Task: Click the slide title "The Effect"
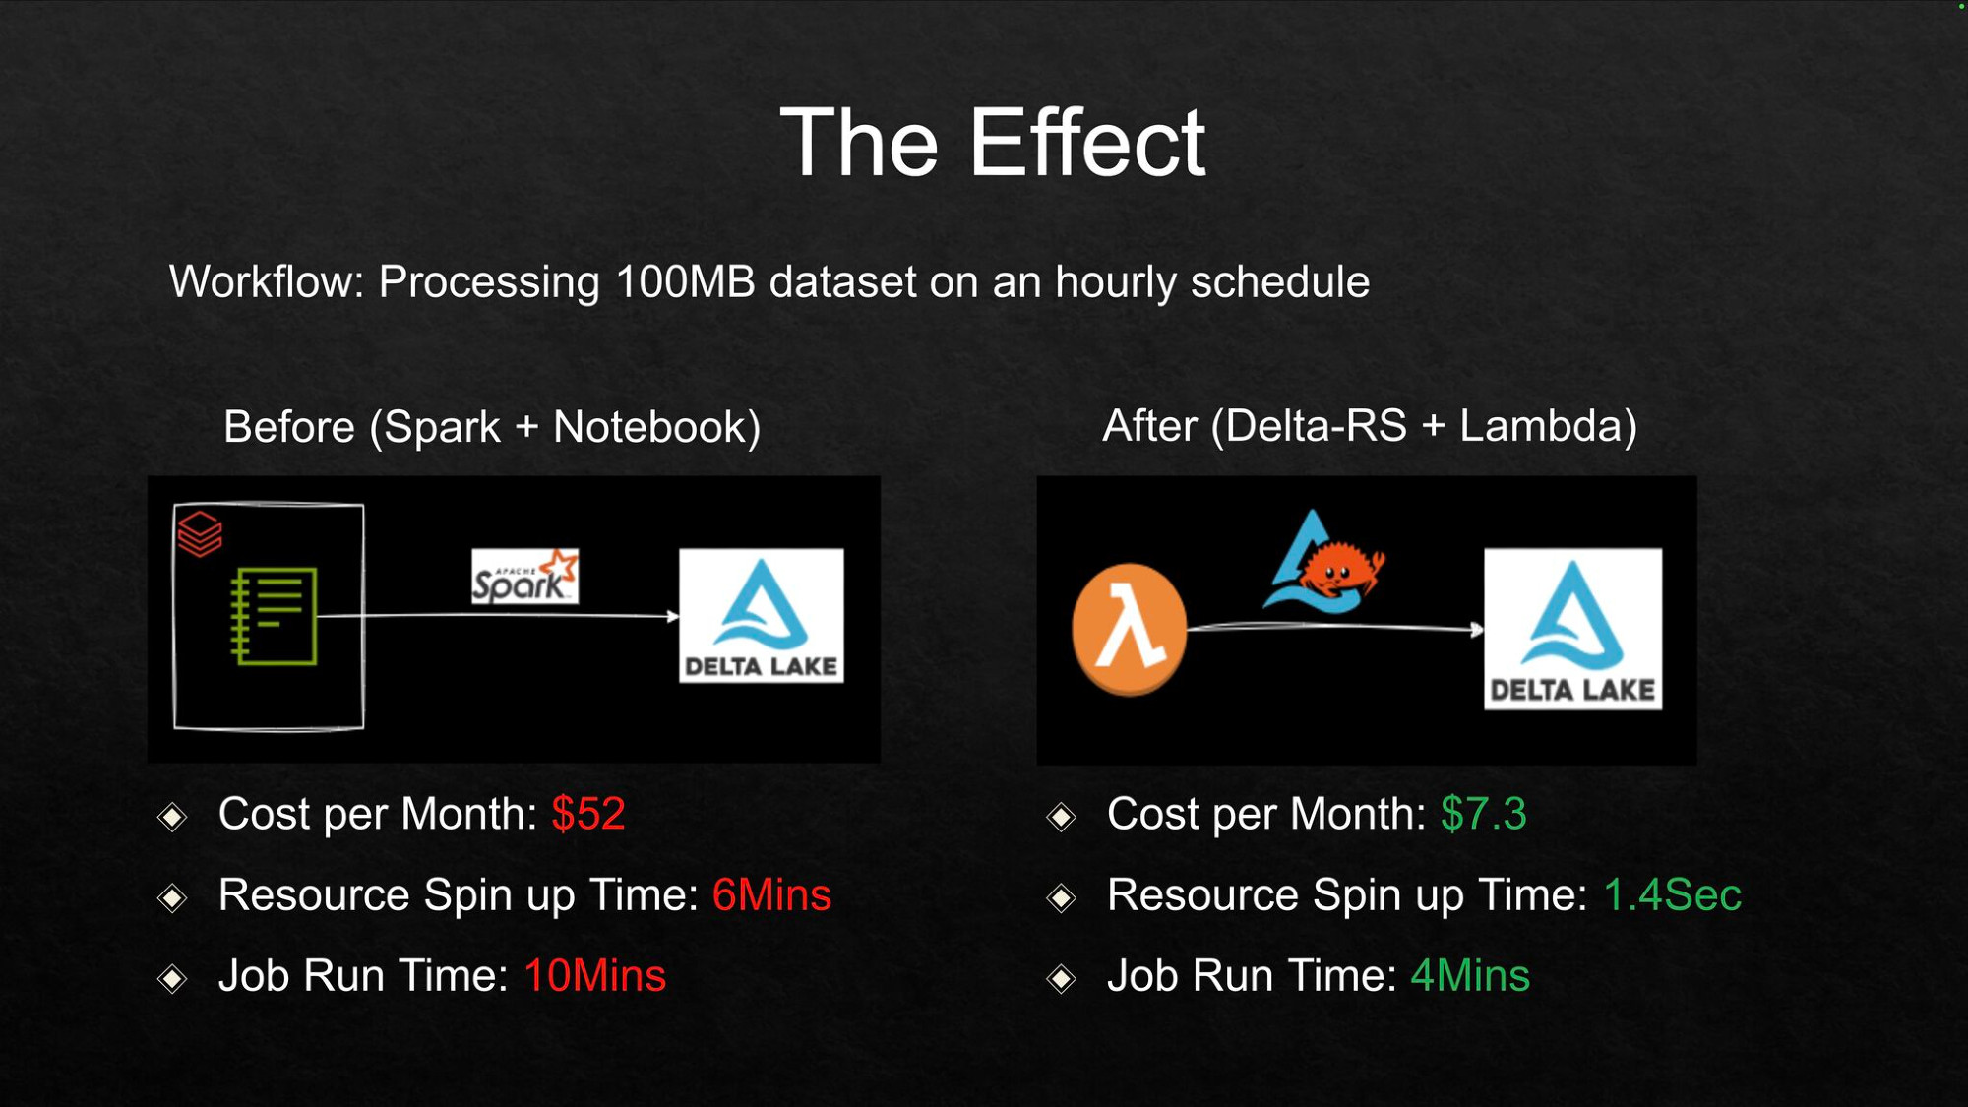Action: coord(992,144)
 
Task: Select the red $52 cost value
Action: coord(588,814)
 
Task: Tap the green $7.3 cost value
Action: coord(1483,814)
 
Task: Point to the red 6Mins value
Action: coord(771,894)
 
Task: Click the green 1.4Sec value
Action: coord(1672,894)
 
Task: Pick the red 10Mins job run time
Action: coord(594,975)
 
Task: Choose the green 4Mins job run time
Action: coord(1470,975)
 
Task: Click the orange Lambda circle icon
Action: coord(1129,629)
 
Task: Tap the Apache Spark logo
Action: coord(524,577)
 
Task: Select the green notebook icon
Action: coord(274,616)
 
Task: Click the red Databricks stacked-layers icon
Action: coord(200,533)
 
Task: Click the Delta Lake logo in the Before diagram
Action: coord(762,616)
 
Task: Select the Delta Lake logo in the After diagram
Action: coord(1572,629)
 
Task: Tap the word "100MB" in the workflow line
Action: coord(685,282)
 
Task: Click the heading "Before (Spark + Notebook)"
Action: coord(492,427)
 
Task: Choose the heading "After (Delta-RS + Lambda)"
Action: coord(1370,426)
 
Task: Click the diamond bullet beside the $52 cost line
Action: coord(173,817)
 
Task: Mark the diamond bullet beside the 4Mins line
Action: coord(1062,978)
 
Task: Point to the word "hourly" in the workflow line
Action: coord(1116,283)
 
